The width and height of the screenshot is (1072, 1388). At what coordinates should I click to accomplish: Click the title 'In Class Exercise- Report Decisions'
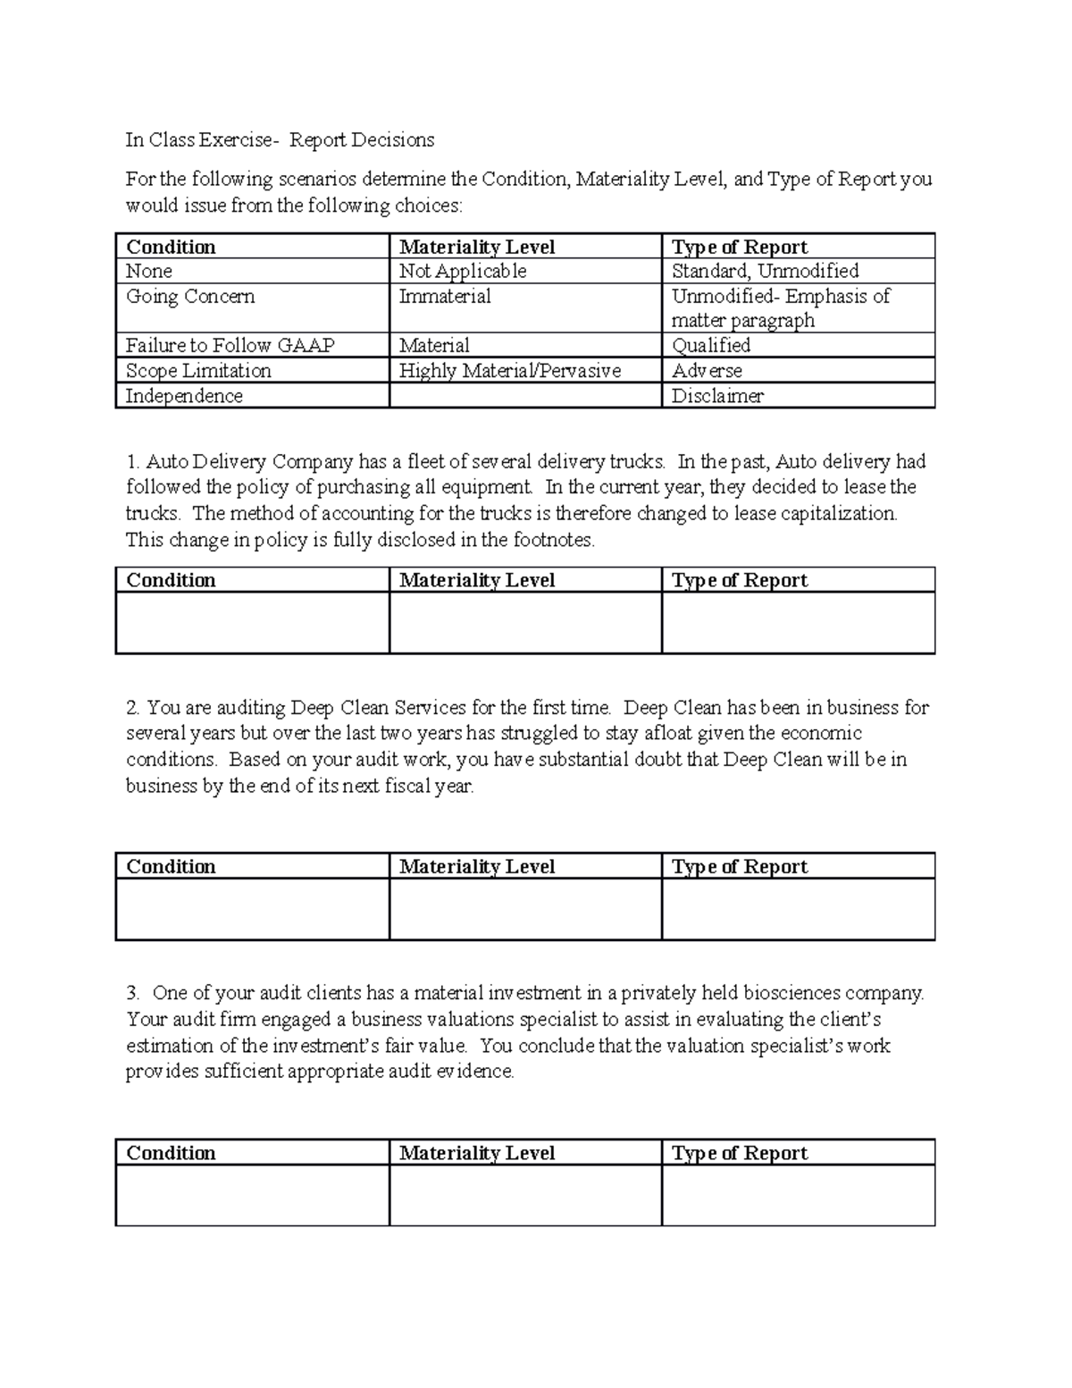point(280,140)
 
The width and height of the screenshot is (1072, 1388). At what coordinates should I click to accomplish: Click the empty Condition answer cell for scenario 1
point(252,623)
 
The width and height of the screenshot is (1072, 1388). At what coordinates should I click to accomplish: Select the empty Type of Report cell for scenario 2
point(798,909)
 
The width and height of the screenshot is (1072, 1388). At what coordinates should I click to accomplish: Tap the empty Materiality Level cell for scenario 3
point(525,1195)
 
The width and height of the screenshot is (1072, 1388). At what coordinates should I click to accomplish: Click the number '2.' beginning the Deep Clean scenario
point(133,709)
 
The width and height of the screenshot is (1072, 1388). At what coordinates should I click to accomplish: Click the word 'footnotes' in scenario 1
point(551,541)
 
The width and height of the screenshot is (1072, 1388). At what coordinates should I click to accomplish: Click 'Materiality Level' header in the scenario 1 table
point(477,581)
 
